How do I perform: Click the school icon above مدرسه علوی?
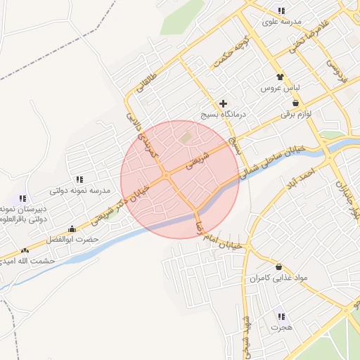[x=281, y=11]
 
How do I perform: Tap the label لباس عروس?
[x=281, y=89]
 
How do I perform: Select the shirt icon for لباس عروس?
[x=281, y=77]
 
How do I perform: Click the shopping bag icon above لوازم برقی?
[x=295, y=103]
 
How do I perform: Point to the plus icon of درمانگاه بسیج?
[x=224, y=103]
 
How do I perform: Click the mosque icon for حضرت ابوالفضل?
[x=72, y=229]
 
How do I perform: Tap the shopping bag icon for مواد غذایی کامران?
[x=280, y=267]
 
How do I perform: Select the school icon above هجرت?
[x=282, y=316]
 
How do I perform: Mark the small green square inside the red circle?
[x=186, y=139]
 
